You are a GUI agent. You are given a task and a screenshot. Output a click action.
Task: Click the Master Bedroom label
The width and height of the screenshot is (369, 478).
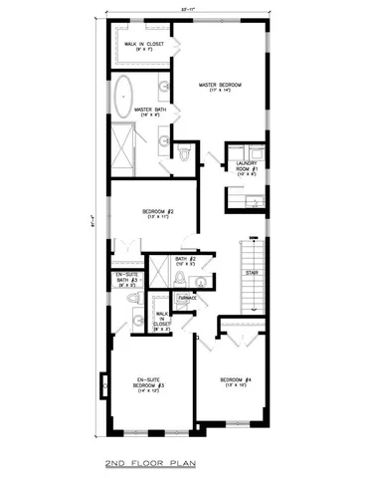(x=220, y=85)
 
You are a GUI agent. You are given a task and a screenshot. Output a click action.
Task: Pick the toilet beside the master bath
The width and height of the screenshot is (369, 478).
(x=185, y=152)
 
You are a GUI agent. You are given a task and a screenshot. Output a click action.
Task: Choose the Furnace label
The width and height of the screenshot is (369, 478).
(x=186, y=296)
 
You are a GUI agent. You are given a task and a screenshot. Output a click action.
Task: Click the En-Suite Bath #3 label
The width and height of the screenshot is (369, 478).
(x=124, y=280)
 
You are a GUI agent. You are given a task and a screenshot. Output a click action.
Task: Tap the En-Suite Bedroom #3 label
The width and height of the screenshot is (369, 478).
(x=150, y=381)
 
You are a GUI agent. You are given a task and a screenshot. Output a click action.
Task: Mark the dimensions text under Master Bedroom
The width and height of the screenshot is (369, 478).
(x=220, y=92)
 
